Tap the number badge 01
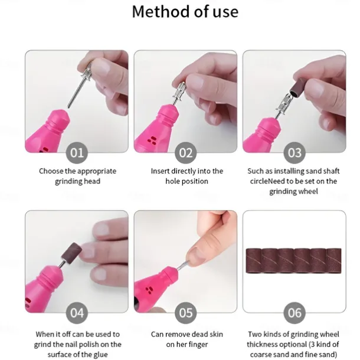(77, 153)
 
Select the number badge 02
(186, 153)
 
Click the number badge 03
(294, 153)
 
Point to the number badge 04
(77, 312)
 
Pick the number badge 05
(186, 312)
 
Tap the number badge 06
(294, 312)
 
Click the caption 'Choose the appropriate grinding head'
(77, 176)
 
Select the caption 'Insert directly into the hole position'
(186, 176)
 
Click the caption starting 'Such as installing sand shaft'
(294, 181)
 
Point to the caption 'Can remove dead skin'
(186, 339)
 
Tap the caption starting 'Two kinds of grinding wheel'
(294, 344)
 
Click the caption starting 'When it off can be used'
(77, 344)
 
